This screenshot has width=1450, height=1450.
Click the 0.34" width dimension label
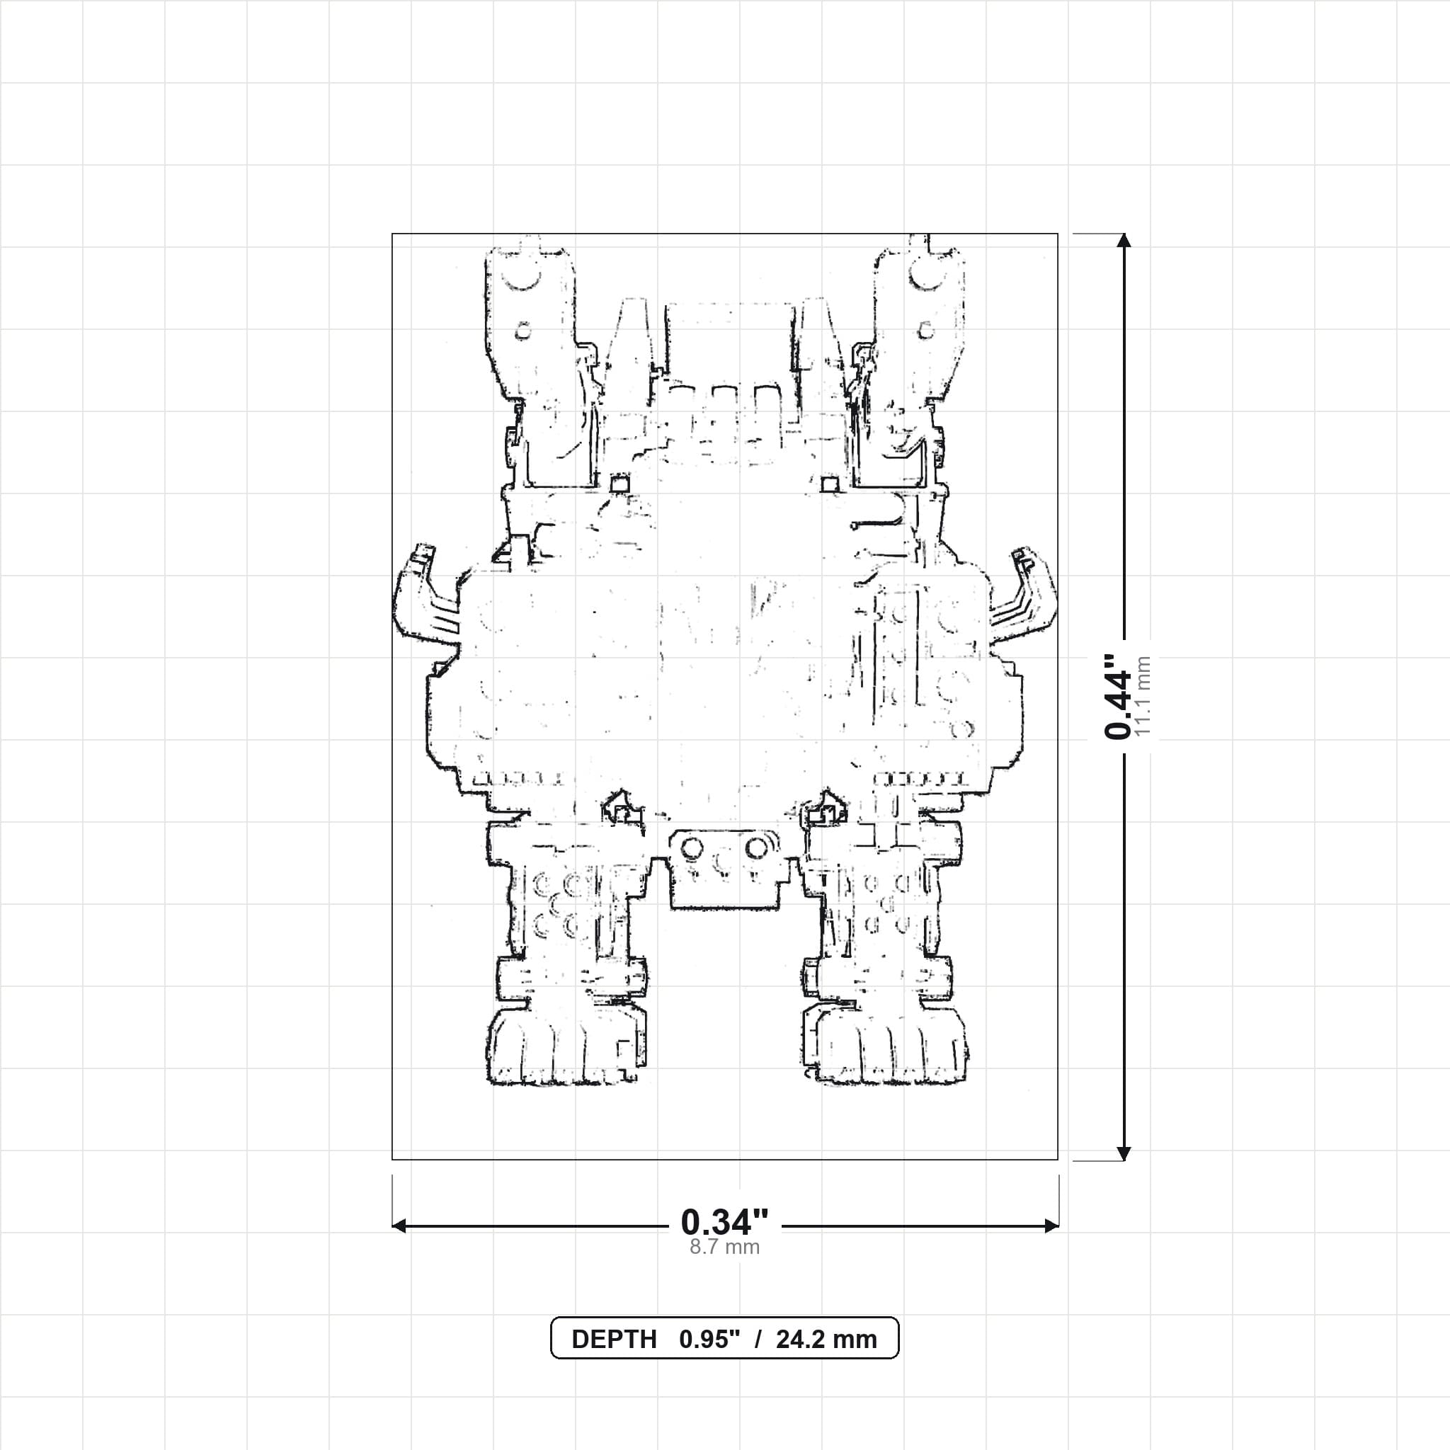tap(724, 1223)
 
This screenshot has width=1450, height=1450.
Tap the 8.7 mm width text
tap(724, 1248)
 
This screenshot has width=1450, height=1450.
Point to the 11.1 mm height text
tap(1142, 697)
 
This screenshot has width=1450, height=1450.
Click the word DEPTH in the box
tap(614, 1340)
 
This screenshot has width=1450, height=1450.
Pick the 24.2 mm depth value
tap(826, 1340)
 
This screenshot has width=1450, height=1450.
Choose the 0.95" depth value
tap(710, 1340)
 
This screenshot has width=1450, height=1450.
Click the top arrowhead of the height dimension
tap(1124, 240)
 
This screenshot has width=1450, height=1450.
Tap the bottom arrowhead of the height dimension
tap(1124, 1153)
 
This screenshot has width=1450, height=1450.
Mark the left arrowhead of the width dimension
tap(399, 1226)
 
